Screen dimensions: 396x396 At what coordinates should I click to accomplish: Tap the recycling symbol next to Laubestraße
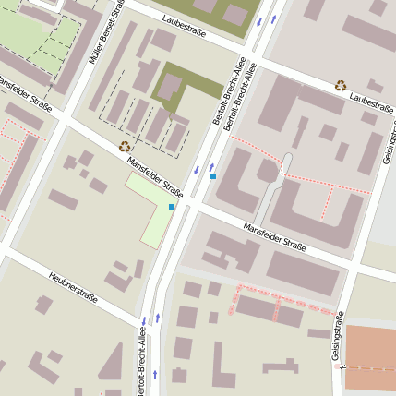(341, 85)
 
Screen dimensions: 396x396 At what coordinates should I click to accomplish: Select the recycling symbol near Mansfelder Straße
(125, 146)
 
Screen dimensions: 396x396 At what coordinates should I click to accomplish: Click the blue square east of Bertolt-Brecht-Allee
(213, 175)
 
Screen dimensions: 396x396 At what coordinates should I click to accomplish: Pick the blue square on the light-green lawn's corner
(172, 207)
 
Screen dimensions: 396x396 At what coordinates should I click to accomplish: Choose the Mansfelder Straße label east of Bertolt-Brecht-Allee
(274, 236)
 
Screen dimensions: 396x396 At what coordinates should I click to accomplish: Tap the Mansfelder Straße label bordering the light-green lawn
(154, 174)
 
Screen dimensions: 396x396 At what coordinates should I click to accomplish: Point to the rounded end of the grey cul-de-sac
(286, 159)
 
